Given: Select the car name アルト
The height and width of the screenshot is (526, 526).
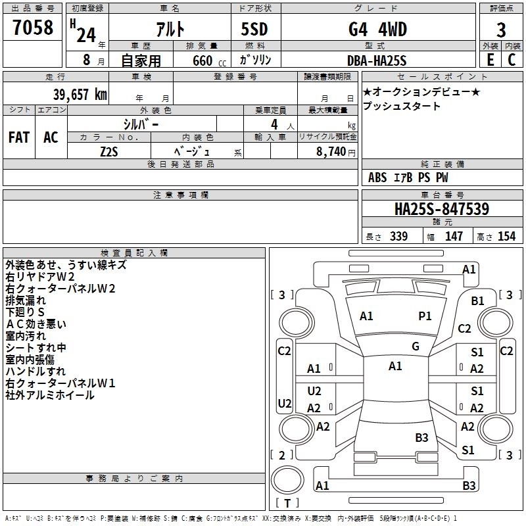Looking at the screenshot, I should tap(169, 29).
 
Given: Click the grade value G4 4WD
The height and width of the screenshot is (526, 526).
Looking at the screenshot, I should tap(377, 29).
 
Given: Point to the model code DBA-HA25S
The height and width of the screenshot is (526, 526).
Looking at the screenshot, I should tap(377, 60).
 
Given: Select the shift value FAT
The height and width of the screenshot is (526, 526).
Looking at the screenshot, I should tap(18, 137).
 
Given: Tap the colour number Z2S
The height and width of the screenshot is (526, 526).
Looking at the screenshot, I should tap(108, 151).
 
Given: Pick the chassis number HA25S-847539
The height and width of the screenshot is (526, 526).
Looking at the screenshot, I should tap(441, 209).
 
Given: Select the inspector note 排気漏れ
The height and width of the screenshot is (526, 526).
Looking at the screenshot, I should tap(26, 300).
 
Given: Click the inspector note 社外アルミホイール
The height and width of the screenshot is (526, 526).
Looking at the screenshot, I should tap(50, 395).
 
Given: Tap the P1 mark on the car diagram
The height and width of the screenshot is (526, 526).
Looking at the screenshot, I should tap(425, 316).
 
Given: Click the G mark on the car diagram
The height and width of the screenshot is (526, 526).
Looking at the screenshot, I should tap(416, 347).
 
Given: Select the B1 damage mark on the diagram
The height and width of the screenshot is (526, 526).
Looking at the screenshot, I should tap(477, 300).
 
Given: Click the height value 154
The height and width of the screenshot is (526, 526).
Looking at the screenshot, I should tap(506, 237).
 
